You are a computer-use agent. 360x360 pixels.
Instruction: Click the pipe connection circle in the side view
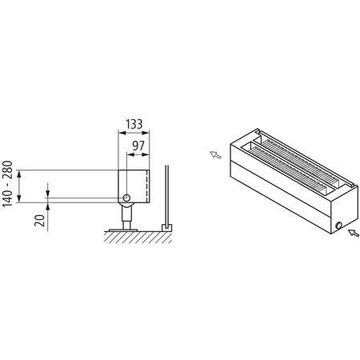126,197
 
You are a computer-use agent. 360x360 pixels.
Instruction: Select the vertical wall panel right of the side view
166,196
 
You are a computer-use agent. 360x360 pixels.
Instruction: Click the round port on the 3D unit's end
339,226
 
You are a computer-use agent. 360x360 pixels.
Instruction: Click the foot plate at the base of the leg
126,228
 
